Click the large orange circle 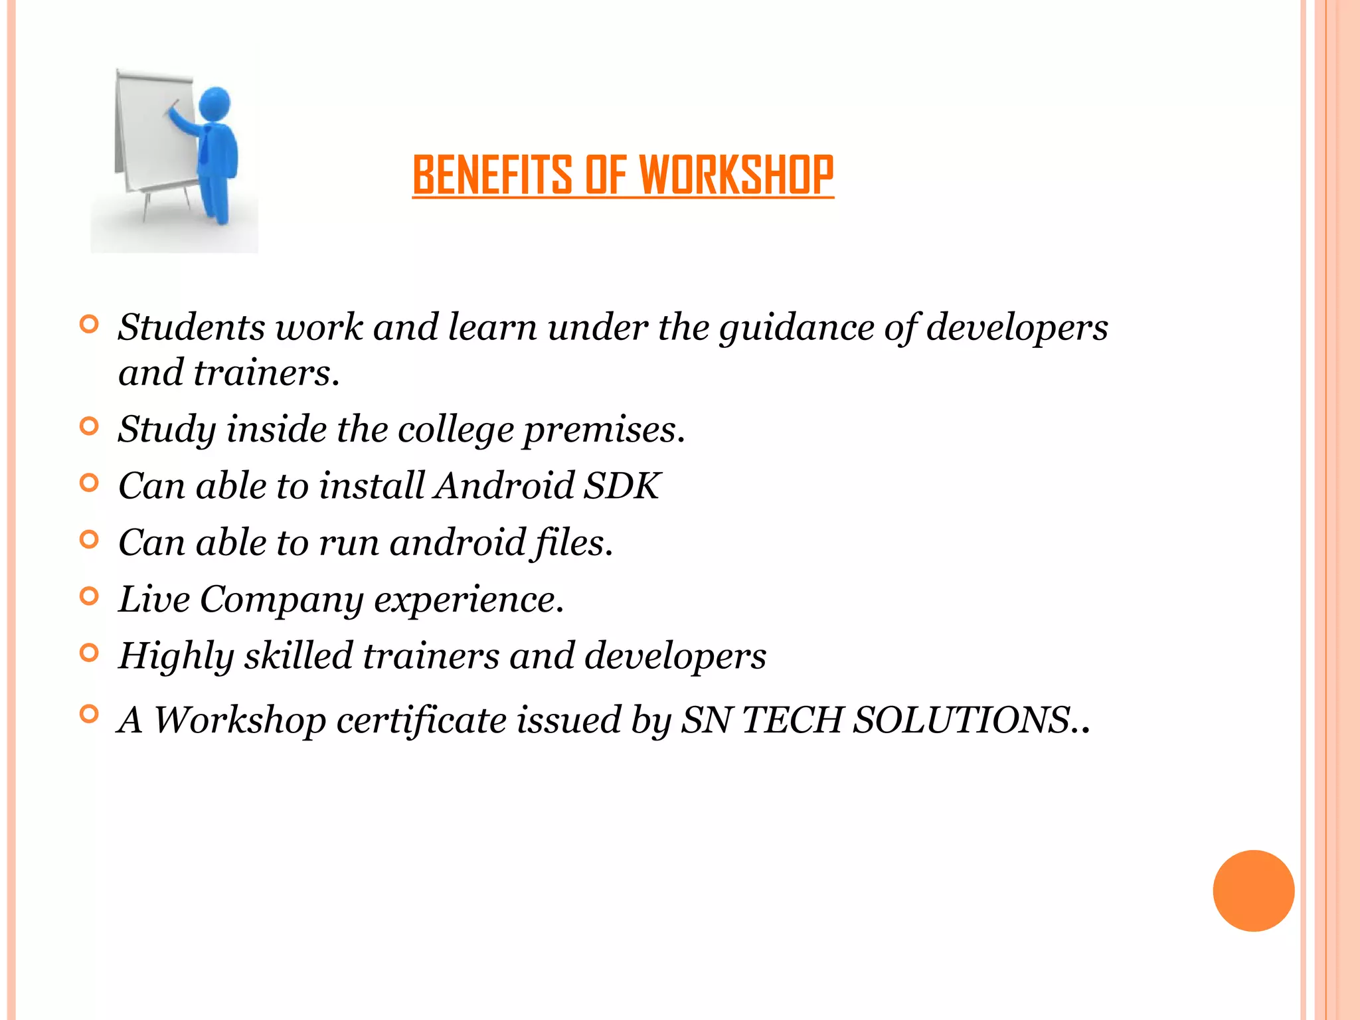pos(1253,891)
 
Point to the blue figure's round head pos(214,104)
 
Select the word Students pos(191,327)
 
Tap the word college pos(456,430)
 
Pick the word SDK pos(622,485)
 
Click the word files pos(573,543)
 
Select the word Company pos(282,600)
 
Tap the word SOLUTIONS pos(970,720)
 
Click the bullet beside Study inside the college pos(89,426)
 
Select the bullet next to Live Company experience pos(89,596)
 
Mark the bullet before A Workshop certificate pos(89,715)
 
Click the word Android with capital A pos(504,485)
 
